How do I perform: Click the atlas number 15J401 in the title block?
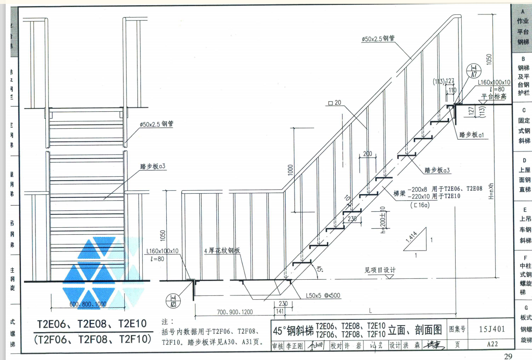491,329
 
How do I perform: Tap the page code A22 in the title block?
492,344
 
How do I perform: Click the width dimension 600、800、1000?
88,304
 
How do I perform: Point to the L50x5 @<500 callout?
323,296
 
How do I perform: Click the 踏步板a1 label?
473,135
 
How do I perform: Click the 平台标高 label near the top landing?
494,96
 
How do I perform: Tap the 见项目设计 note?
380,270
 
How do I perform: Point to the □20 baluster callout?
334,103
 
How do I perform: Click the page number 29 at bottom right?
508,357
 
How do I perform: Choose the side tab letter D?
524,160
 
